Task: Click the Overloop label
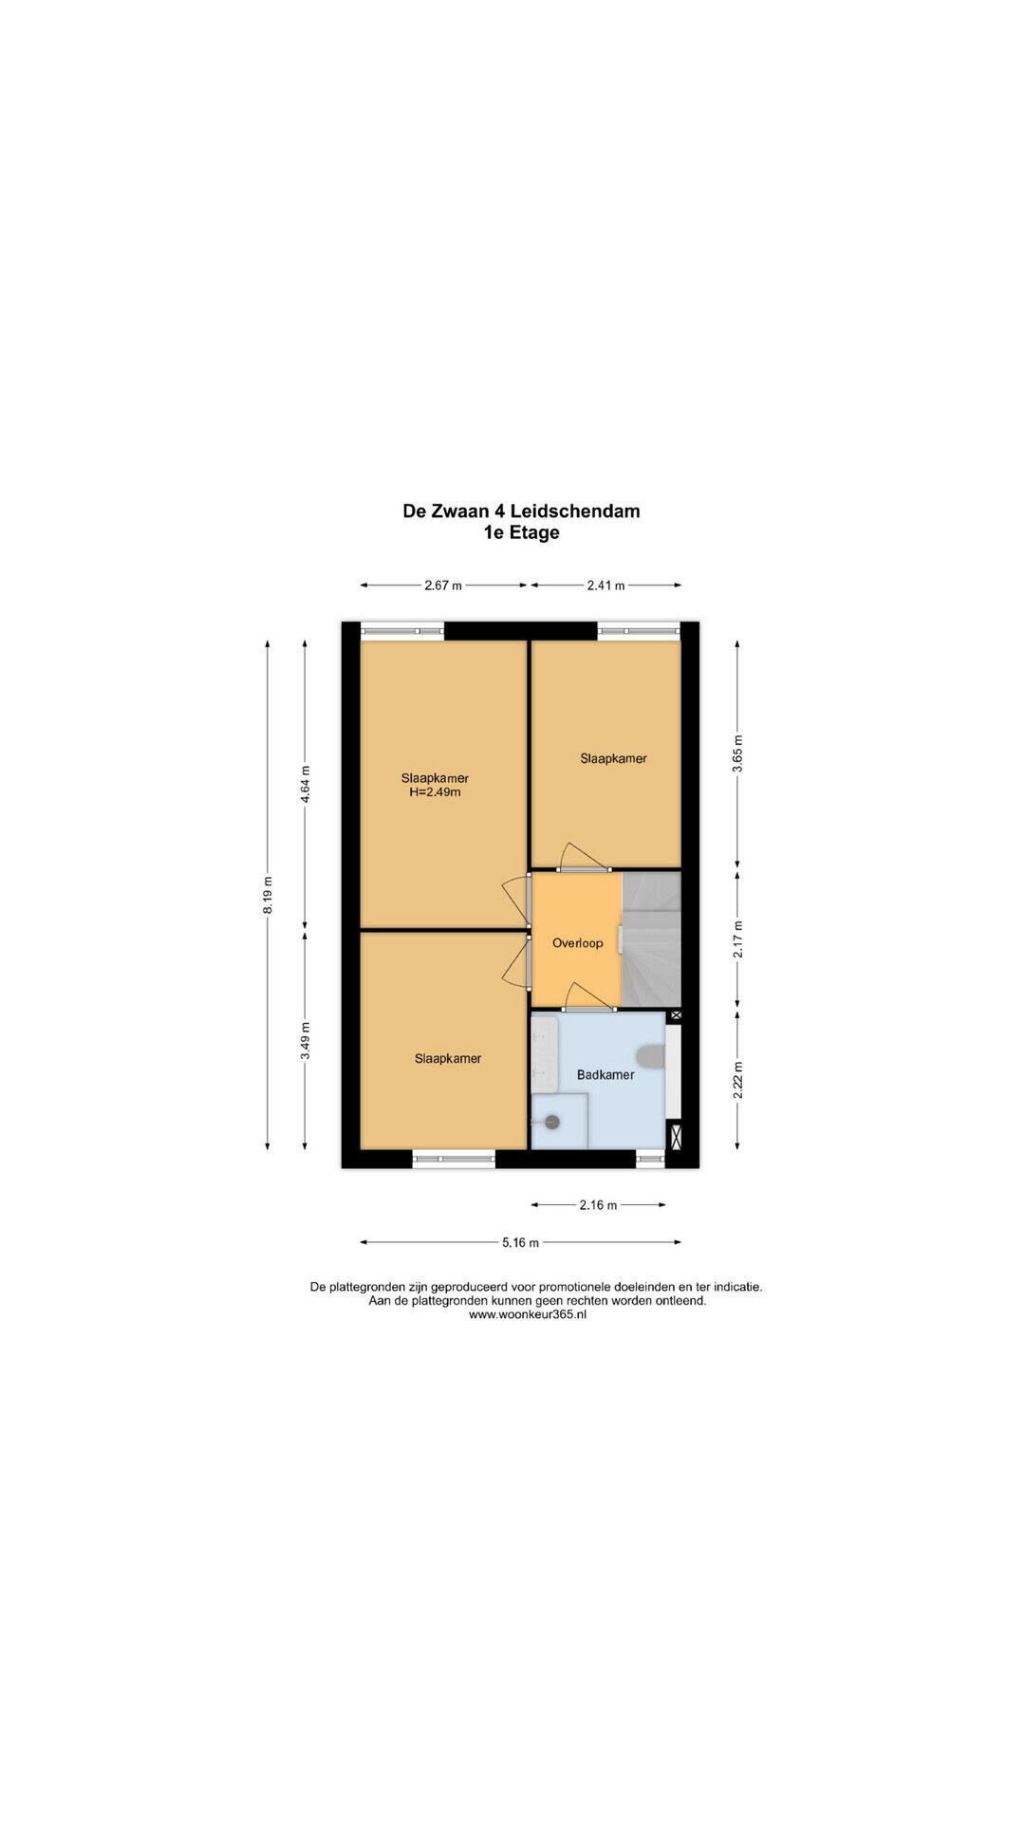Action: pyautogui.click(x=577, y=943)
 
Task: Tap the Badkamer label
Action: pyautogui.click(x=606, y=1075)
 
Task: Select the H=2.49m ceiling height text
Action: pyautogui.click(x=435, y=792)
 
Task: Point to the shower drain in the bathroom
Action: pyautogui.click(x=552, y=1121)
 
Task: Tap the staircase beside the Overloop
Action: pyautogui.click(x=652, y=939)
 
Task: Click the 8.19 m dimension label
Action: pyautogui.click(x=269, y=894)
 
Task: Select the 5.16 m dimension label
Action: pyautogui.click(x=521, y=1242)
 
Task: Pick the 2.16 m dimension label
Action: pyautogui.click(x=598, y=1205)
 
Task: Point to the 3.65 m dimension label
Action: pyautogui.click(x=737, y=753)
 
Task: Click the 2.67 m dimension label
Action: pyautogui.click(x=443, y=586)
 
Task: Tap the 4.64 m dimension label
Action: pyautogui.click(x=305, y=784)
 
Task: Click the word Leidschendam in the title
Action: pyautogui.click(x=575, y=511)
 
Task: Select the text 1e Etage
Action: pyautogui.click(x=521, y=532)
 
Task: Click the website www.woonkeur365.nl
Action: pyautogui.click(x=528, y=1314)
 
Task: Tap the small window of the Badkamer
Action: pyautogui.click(x=651, y=1159)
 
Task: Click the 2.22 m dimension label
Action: pyautogui.click(x=737, y=1079)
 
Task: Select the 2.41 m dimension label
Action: pyautogui.click(x=606, y=586)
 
